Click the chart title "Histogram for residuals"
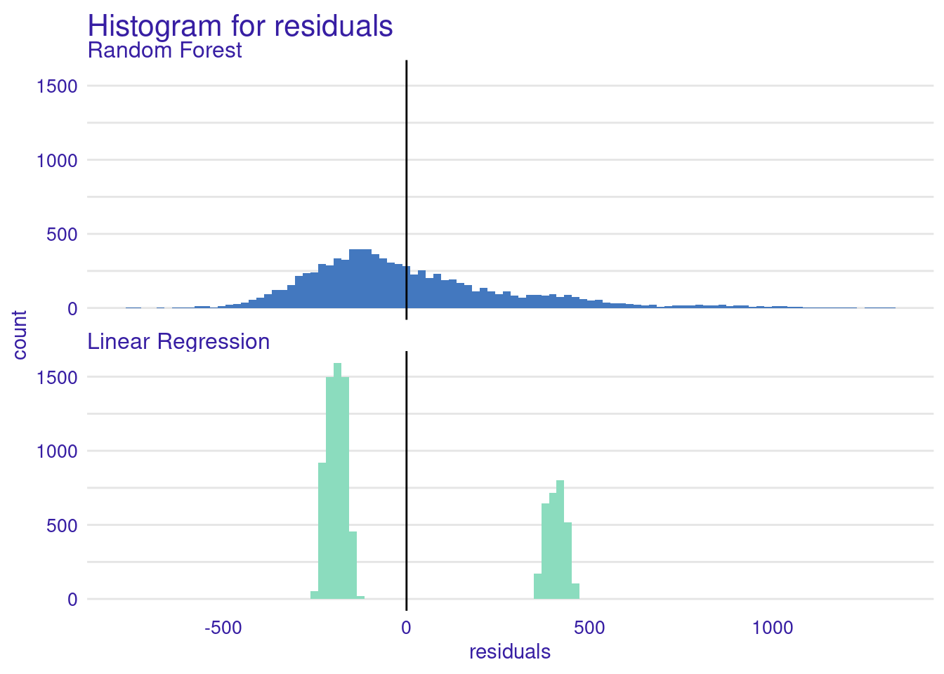coord(240,26)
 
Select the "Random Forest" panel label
coord(165,50)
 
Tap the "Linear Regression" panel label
coord(178,341)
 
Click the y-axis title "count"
coord(20,336)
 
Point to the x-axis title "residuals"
coord(510,652)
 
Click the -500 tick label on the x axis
coord(223,628)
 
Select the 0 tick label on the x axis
coord(406,628)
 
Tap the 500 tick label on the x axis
coord(589,628)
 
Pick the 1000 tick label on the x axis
coord(773,628)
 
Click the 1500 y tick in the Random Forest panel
coord(57,86)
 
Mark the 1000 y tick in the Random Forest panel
coord(57,161)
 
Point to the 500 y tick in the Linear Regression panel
coord(62,526)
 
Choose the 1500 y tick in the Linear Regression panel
coord(57,378)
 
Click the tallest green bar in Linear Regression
coord(338,481)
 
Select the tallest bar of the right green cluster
coord(560,539)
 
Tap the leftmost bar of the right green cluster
coord(538,586)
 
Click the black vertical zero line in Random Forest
coord(406,190)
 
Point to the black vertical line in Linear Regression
coord(406,481)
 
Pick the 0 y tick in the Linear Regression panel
coord(72,600)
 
